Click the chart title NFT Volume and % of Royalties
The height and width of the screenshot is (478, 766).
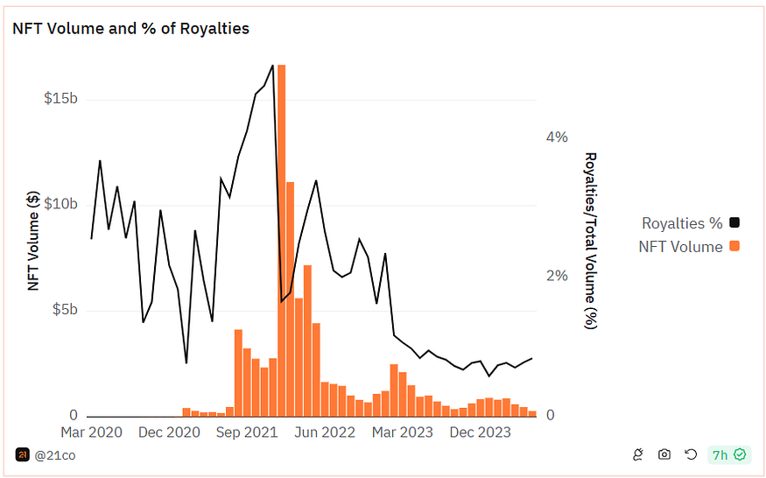[x=130, y=29]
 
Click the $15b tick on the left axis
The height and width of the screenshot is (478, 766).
[x=60, y=98]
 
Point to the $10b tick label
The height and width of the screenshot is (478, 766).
[x=60, y=204]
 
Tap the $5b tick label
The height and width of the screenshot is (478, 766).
[x=64, y=310]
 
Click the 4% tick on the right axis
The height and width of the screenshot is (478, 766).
[x=557, y=137]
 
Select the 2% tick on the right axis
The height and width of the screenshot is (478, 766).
[x=557, y=277]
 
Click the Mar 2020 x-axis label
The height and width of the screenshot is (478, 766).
[x=91, y=432]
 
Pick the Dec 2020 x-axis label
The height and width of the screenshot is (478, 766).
[x=169, y=432]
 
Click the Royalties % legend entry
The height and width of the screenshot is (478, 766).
[x=682, y=223]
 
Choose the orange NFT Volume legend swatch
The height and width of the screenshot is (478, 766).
[x=734, y=247]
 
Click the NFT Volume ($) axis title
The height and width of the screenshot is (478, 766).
[x=34, y=241]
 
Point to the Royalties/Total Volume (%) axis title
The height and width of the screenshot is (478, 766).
[x=591, y=241]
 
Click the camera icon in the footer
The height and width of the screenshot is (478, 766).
[x=664, y=454]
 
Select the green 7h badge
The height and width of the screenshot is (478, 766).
[x=728, y=454]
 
